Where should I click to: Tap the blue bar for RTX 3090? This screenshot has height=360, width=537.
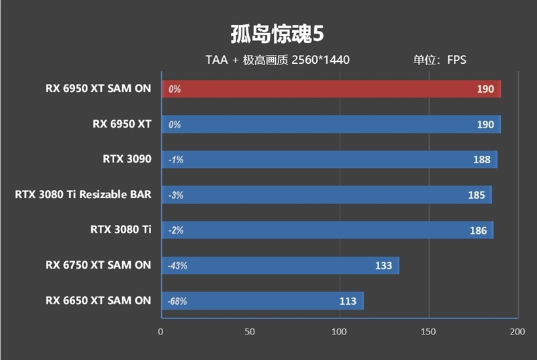coord(329,160)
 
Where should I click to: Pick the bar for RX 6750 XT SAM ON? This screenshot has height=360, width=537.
coord(280,265)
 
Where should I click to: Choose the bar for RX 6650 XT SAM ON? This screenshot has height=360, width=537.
coord(262,301)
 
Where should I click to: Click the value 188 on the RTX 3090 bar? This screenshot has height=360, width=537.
coord(482,160)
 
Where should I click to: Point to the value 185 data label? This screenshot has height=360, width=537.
coord(477,195)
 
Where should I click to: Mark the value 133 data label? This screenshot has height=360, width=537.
coord(383,265)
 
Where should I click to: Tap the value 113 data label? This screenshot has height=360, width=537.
coord(348,301)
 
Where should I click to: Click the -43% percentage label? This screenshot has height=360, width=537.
coord(178,266)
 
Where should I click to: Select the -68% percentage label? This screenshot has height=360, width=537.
coord(178,302)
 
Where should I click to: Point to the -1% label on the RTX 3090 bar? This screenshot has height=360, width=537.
coord(176,160)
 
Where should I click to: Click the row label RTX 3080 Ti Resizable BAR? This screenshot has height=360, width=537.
coord(83,195)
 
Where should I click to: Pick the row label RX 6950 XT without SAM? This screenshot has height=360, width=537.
coord(121,124)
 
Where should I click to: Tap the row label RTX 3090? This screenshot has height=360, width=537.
coord(127,160)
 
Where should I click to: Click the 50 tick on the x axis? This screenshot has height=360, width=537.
coord(250,332)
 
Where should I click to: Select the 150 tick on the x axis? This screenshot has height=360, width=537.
coord(428,332)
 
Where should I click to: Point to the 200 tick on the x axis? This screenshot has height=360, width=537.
coord(517,332)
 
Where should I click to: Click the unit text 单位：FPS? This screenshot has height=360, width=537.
coord(439,60)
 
